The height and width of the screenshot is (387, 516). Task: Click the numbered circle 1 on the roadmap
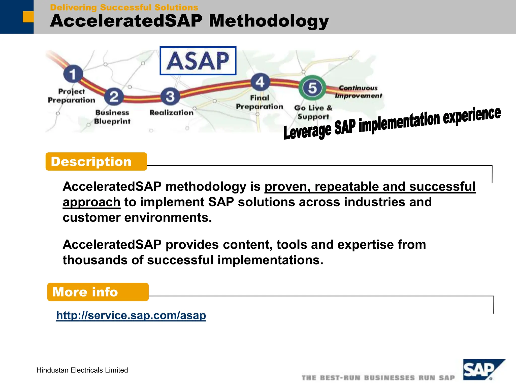coord(73,74)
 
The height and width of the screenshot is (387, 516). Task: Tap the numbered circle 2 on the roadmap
coord(114,96)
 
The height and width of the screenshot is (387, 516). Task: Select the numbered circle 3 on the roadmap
coord(170,96)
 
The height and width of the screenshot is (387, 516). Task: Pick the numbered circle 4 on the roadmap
coord(260,82)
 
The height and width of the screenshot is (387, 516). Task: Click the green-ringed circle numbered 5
coord(312,88)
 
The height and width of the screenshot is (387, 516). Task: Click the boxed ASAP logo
coord(198,61)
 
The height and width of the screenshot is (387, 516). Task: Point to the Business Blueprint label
coord(112,117)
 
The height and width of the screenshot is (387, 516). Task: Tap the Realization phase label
coord(172,113)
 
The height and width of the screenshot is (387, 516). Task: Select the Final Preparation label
coord(260,102)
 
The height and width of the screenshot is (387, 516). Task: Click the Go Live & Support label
coord(313,112)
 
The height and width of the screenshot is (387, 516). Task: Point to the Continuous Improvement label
coord(358,92)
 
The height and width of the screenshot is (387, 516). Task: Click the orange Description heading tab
coord(96,162)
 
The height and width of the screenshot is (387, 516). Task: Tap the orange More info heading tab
coord(98,292)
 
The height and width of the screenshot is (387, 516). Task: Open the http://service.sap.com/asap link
coord(131,315)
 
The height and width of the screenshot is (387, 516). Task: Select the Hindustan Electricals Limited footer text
coord(82,370)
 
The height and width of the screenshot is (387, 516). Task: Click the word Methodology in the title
coord(269,21)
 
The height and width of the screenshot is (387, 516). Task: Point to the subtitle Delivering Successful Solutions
coord(124,8)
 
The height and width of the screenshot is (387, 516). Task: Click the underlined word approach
coord(91,202)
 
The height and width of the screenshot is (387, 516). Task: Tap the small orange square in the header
coord(28,17)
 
